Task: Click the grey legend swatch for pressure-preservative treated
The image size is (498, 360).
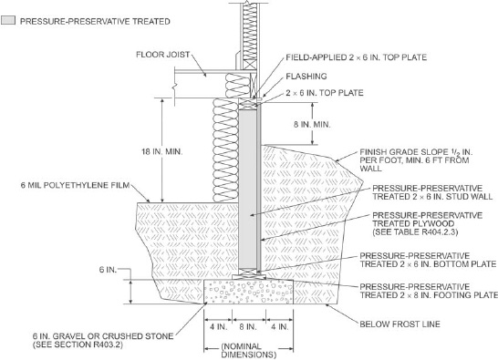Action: coord(8,21)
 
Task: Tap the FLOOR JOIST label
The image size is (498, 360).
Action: coord(163,55)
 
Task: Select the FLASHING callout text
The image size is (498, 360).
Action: coord(306,77)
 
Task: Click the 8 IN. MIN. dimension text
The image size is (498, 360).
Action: coord(312,125)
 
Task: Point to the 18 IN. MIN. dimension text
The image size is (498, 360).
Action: coord(162,151)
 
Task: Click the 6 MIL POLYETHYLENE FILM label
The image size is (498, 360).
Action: coord(76,185)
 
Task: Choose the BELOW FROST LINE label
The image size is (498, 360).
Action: coord(399,324)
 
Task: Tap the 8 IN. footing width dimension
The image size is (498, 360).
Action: coord(248,326)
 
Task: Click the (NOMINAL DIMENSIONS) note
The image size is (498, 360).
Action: coord(248,351)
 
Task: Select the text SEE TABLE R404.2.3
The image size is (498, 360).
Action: coord(415,232)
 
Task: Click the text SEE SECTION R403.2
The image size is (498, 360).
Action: coord(78,345)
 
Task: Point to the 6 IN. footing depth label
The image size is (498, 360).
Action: coord(108,270)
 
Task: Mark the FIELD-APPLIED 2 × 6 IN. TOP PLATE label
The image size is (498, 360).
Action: coord(357,57)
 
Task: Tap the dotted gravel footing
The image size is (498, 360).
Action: coord(248,292)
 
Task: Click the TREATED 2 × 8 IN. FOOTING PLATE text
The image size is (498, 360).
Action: coord(429,295)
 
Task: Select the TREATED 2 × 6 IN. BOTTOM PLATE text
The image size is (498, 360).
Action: coord(428,264)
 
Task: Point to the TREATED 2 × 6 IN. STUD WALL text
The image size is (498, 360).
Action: coord(432,197)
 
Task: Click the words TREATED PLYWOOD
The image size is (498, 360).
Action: coord(413,223)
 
